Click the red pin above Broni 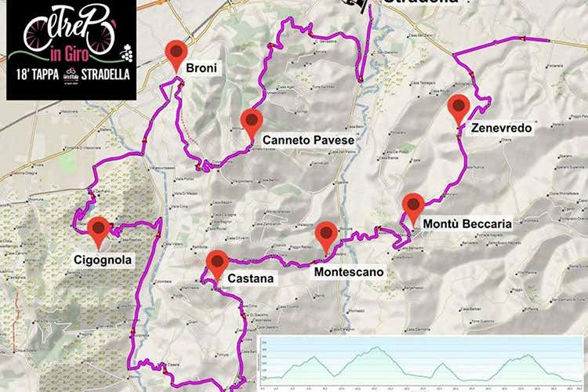(x=176, y=53)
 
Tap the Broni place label (x=201, y=69)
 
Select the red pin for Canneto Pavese (x=251, y=122)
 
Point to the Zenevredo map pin (x=459, y=107)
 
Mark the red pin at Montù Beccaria (x=413, y=207)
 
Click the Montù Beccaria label (x=466, y=224)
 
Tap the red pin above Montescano (x=325, y=234)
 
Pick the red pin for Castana (x=216, y=262)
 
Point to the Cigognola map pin (x=98, y=230)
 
